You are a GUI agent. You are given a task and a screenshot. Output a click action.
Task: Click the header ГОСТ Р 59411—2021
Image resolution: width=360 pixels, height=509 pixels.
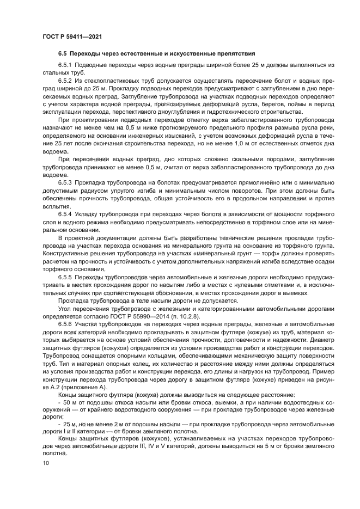click(72, 37)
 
